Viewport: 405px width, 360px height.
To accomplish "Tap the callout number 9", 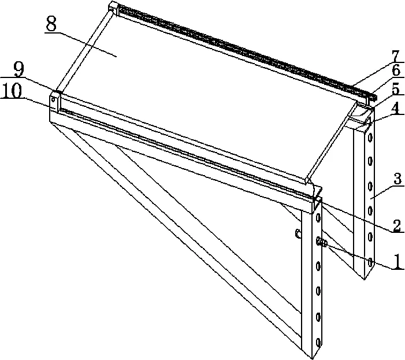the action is (20, 70).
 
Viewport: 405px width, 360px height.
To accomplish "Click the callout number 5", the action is (395, 90).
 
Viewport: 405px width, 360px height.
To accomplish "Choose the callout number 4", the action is (396, 108).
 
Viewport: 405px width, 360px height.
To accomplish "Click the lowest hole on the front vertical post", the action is (318, 343).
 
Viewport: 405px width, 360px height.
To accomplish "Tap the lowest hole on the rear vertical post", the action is (370, 262).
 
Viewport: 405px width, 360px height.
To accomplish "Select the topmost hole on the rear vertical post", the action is (370, 138).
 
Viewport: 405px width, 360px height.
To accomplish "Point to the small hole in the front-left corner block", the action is (53, 99).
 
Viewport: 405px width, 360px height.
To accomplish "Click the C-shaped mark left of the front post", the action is (298, 233).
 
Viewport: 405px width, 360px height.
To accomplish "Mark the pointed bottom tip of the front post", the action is (313, 358).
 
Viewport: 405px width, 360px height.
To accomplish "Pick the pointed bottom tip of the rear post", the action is (365, 280).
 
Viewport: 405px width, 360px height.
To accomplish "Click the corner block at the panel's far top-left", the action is (113, 6).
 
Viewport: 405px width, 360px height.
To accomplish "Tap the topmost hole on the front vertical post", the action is (318, 217).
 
